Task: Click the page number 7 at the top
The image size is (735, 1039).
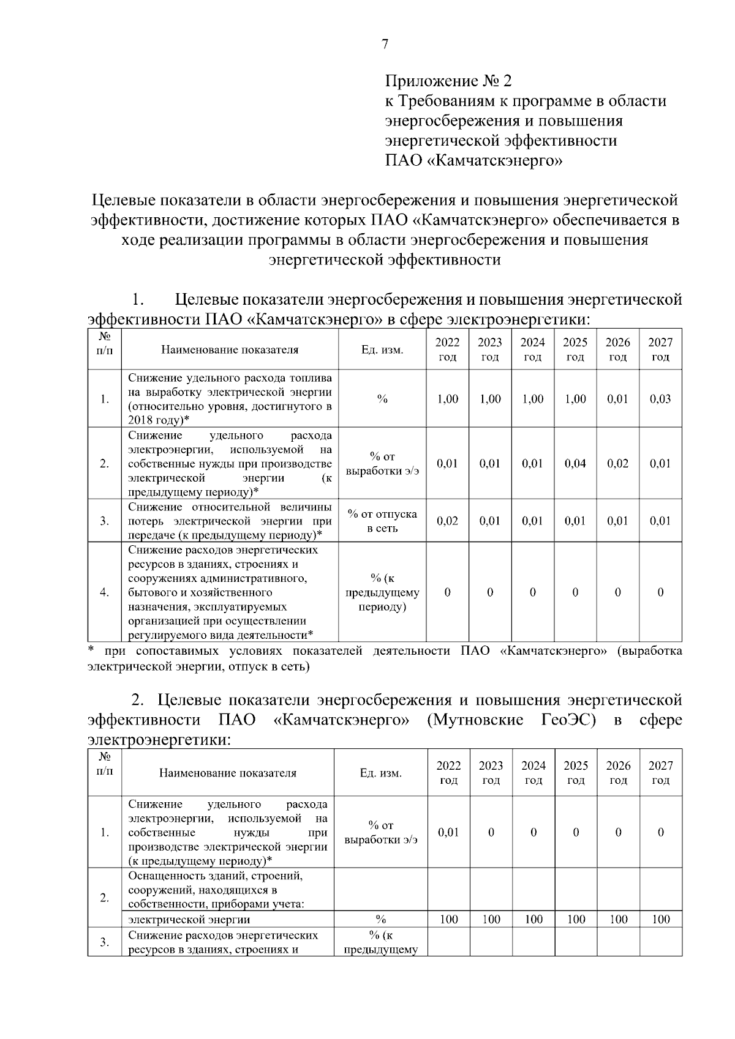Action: point(385,44)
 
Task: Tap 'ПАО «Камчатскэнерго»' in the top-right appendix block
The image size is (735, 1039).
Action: point(473,162)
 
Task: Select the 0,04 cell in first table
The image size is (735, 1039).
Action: point(575,463)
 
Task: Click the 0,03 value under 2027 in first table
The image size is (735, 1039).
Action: point(660,399)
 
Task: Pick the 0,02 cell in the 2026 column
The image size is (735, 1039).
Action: point(617,463)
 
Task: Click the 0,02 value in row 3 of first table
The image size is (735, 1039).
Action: point(447,521)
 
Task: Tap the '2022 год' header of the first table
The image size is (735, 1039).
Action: point(447,349)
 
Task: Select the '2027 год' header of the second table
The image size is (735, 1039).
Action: point(660,772)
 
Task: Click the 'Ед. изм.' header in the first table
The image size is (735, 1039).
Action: point(382,350)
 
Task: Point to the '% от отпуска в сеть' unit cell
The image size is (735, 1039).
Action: point(382,521)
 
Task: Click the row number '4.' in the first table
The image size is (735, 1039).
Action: point(105,592)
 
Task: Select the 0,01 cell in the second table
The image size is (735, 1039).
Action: point(448,832)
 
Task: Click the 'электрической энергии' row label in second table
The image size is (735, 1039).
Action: point(189,919)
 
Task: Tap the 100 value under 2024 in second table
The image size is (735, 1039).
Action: point(533,919)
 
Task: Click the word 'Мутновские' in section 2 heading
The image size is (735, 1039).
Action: point(477,720)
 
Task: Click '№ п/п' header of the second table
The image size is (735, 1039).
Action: point(105,765)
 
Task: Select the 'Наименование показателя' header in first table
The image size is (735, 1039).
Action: point(230,350)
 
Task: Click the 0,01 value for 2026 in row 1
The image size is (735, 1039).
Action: point(617,399)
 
